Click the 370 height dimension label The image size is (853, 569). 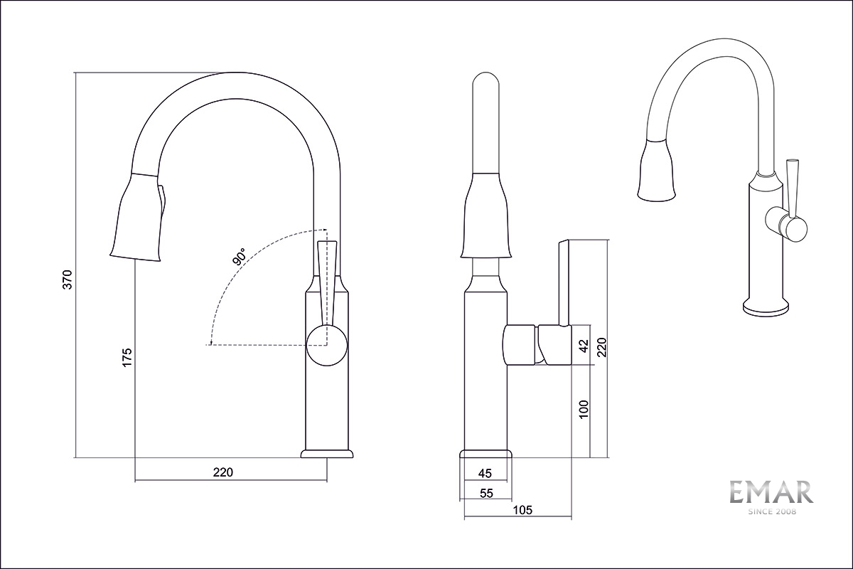(x=68, y=280)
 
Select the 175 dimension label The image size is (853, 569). (x=127, y=357)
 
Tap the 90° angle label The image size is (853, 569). (x=239, y=256)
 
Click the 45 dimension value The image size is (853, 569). (x=485, y=474)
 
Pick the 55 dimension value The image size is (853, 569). (x=486, y=493)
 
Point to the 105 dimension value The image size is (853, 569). (x=522, y=510)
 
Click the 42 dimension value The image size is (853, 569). (x=584, y=345)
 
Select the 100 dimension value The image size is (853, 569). (x=584, y=409)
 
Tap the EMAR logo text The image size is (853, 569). (x=771, y=492)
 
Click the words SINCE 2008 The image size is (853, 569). (x=771, y=511)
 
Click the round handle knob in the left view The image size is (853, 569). (x=327, y=345)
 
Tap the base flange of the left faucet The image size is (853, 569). (x=327, y=454)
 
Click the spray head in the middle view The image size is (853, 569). (x=485, y=216)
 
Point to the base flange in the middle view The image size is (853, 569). (x=486, y=454)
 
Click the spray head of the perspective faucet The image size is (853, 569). (x=655, y=170)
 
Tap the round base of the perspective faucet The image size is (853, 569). (x=766, y=308)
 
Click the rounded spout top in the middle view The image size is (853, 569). (x=485, y=82)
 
